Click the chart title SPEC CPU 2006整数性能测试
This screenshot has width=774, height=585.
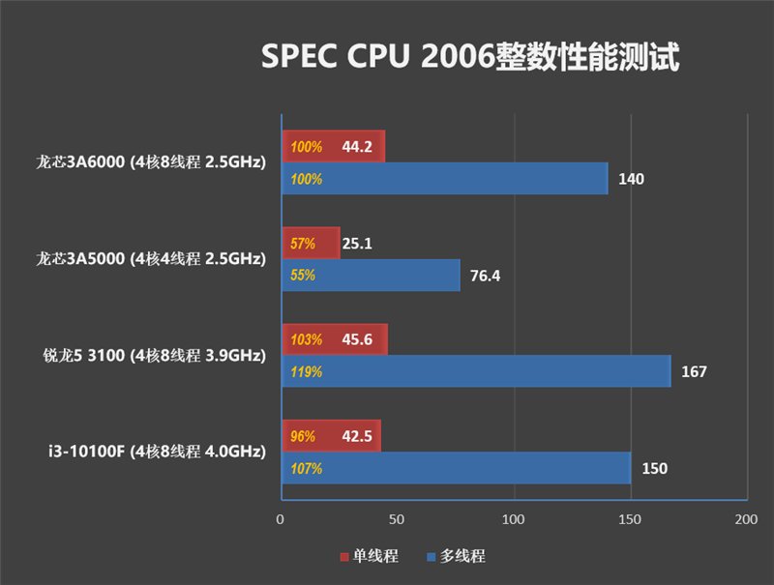(x=470, y=56)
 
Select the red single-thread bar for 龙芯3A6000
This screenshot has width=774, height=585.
(x=333, y=147)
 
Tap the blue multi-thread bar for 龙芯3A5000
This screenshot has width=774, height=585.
(x=371, y=276)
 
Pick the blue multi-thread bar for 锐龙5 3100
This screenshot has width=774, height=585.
(x=475, y=371)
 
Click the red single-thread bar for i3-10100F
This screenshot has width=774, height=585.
(x=331, y=436)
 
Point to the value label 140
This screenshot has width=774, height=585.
(x=631, y=179)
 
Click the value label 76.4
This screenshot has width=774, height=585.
(x=486, y=276)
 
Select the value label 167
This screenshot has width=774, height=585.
(x=694, y=371)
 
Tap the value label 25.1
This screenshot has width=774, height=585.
(x=357, y=244)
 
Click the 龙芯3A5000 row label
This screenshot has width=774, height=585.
(x=150, y=259)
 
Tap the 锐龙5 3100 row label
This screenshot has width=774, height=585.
(x=150, y=356)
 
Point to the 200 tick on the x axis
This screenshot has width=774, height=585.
(x=746, y=520)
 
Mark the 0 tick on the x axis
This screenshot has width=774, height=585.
(x=281, y=520)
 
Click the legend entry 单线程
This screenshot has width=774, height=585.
(x=369, y=556)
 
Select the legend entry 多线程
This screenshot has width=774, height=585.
(x=456, y=556)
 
